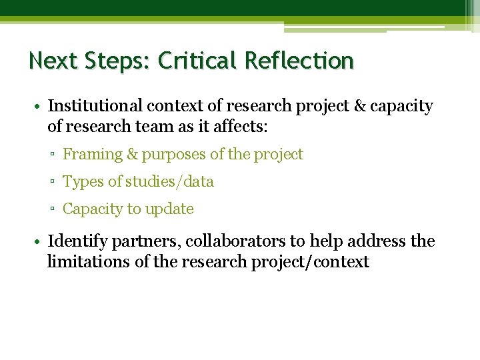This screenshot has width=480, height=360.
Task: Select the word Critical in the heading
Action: (198, 61)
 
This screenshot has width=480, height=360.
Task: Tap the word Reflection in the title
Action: (299, 61)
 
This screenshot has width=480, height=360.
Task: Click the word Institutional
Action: (95, 106)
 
